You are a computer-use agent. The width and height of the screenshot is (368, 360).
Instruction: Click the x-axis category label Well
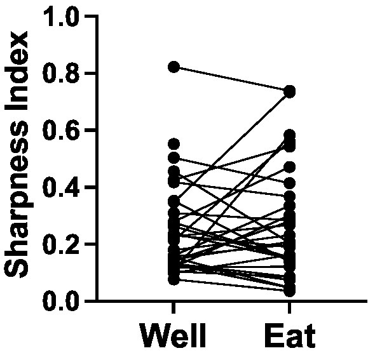click(174, 337)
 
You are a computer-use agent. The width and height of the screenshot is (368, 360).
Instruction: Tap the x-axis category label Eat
click(290, 337)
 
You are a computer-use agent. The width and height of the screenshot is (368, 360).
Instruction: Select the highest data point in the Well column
click(174, 67)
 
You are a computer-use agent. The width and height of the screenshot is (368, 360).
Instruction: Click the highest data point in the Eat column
click(290, 91)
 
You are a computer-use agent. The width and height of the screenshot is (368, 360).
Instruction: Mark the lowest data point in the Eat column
click(290, 291)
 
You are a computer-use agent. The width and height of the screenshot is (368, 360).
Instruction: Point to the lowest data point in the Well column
click(174, 279)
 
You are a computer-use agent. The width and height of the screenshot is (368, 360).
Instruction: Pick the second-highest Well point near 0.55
click(174, 144)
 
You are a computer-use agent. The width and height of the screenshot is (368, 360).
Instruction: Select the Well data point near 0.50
click(174, 157)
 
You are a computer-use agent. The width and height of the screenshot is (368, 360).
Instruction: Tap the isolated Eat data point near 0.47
click(290, 167)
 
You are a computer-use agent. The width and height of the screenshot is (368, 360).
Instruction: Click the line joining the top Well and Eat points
click(232, 79)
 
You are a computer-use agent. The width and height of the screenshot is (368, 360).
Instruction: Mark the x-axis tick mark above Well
click(174, 307)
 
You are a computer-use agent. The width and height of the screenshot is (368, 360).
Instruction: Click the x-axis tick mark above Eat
click(290, 307)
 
